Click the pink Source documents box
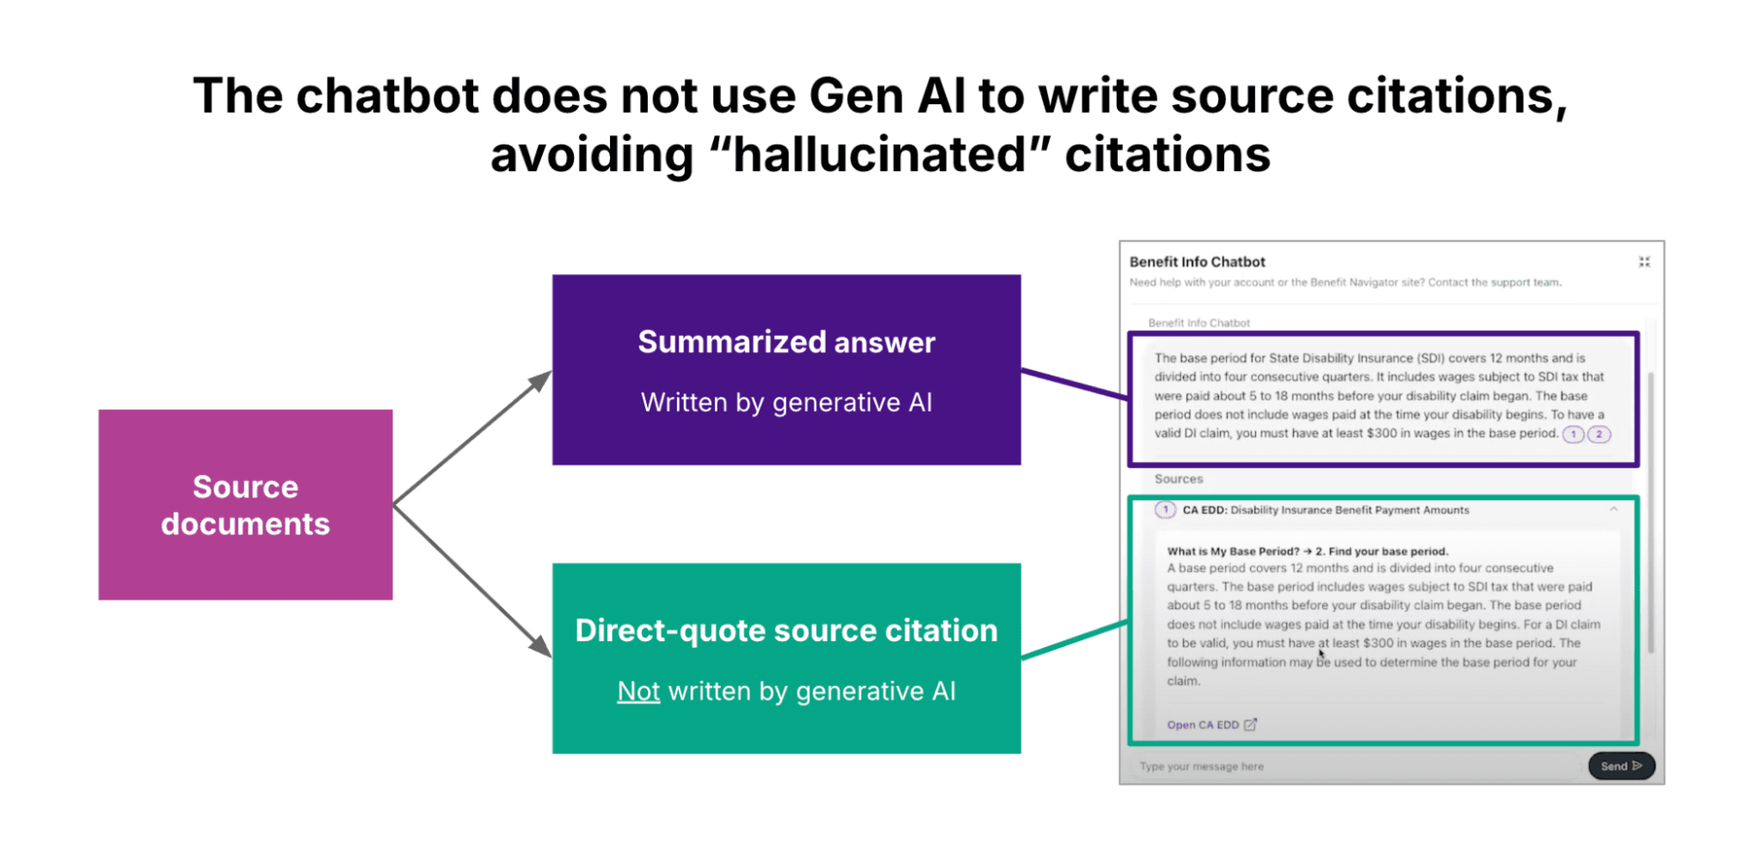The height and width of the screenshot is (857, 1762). pos(245,504)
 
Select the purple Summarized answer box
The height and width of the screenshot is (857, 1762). pos(786,369)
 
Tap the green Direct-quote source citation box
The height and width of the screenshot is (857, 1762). pos(786,659)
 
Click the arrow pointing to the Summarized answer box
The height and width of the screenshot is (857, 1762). pos(472,437)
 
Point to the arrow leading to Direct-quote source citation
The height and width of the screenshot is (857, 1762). pos(472,581)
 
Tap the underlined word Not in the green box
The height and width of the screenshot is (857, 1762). pos(638,691)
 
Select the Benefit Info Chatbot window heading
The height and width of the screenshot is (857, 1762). pos(1197,262)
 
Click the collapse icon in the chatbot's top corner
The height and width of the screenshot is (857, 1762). pos(1644,262)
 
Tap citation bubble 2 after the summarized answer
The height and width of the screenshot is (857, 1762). pos(1599,434)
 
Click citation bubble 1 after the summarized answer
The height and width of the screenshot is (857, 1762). pos(1573,434)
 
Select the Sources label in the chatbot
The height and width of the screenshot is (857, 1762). pos(1178,479)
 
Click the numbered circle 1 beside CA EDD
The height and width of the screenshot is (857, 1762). pos(1165,510)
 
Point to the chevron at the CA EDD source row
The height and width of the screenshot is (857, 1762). pos(1613,509)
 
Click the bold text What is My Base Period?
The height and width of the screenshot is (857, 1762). pos(1233,551)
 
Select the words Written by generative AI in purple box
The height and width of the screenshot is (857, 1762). pos(786,403)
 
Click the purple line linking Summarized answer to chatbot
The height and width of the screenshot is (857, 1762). pos(1074,384)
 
